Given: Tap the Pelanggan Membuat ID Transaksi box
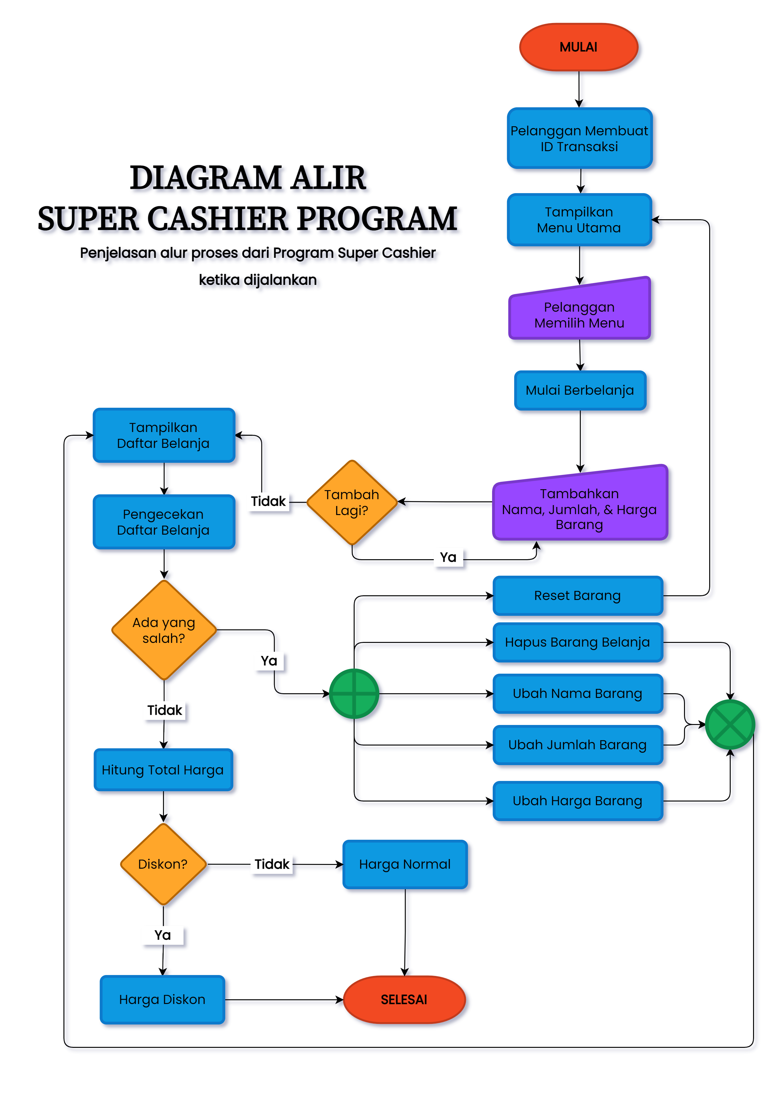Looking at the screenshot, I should point(579,139).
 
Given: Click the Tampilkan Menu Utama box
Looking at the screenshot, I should point(579,220).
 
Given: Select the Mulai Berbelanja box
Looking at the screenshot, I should point(580,390).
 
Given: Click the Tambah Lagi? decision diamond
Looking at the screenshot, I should point(352,502).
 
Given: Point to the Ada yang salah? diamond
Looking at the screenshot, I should point(164,630).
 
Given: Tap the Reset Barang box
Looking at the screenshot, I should point(577,596).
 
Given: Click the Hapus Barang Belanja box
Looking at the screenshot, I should point(577,642).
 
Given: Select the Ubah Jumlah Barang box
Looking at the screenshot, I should point(577,745).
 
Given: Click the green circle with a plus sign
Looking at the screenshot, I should point(354,693).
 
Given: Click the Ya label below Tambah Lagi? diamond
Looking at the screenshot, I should point(448,557).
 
